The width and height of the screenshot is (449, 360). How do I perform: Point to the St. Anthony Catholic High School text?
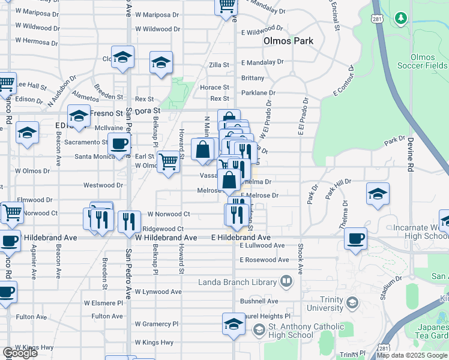tap(290, 331)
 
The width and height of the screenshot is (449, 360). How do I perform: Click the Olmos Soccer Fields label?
tap(429, 61)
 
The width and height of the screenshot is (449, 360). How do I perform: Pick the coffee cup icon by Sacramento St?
tap(119, 143)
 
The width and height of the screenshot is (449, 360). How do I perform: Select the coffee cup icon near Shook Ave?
tap(355, 238)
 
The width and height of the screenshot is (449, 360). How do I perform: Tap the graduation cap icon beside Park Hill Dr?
tap(377, 194)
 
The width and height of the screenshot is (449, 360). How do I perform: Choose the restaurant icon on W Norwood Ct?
tap(129, 222)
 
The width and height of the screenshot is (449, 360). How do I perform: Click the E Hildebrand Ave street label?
tap(241, 238)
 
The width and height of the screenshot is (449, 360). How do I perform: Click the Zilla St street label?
tap(218, 65)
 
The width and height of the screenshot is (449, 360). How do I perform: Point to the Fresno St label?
tap(106, 113)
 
